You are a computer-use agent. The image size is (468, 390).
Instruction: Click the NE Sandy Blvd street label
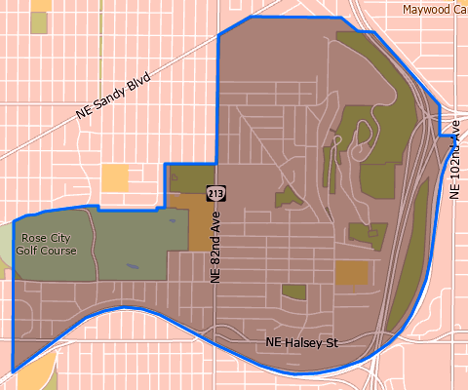[x=115, y=98]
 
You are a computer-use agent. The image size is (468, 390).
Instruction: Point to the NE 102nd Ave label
[x=454, y=168]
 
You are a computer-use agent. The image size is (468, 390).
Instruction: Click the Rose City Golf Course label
[x=49, y=243]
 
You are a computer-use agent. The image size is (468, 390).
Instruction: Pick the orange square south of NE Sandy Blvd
[x=114, y=177]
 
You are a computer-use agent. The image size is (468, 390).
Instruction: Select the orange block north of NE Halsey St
[x=352, y=273]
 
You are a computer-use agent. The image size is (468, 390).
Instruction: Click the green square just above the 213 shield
[x=182, y=179]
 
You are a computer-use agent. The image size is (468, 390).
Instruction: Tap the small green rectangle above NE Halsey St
[x=293, y=292]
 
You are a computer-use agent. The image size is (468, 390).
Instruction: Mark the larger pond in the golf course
[x=171, y=219]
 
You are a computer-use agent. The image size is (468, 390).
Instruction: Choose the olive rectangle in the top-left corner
[x=40, y=21]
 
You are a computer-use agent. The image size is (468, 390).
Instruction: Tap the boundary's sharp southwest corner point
[x=13, y=371]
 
